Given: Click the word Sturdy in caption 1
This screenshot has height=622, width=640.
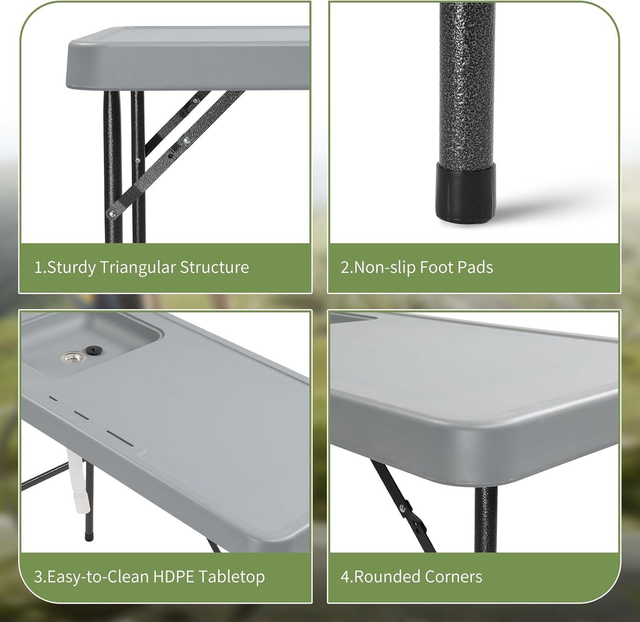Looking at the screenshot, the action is [71, 268].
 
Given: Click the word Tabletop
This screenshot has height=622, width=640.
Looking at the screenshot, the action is [230, 577].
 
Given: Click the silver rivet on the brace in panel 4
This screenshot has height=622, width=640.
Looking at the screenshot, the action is [402, 508].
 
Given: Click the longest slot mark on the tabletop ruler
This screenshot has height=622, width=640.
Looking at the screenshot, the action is [121, 438].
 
